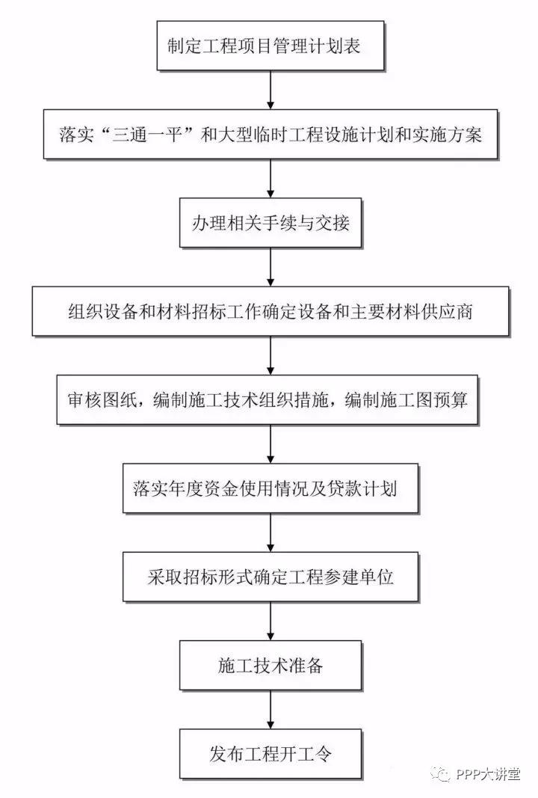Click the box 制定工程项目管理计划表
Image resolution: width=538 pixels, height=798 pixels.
(270, 46)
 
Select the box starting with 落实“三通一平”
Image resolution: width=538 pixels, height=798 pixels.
(270, 135)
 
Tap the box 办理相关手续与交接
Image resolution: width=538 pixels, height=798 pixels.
(270, 223)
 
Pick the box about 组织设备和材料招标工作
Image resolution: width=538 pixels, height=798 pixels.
(270, 311)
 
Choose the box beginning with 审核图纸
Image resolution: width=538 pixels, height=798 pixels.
(267, 399)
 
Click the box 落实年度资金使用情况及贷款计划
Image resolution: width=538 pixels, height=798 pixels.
(270, 488)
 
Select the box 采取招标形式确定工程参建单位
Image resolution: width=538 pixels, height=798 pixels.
(270, 577)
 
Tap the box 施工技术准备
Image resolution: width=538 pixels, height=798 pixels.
(270, 665)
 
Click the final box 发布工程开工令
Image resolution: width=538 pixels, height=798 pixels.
(270, 754)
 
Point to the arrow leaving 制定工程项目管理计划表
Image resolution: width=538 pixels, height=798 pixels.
(270, 90)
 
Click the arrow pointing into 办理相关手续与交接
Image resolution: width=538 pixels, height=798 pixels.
(270, 178)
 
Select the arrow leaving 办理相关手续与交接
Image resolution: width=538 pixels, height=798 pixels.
(270, 267)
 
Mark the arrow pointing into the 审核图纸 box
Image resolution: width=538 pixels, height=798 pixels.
(270, 355)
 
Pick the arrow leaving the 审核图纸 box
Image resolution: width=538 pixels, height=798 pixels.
(270, 443)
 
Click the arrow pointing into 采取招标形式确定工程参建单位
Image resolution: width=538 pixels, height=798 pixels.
(270, 532)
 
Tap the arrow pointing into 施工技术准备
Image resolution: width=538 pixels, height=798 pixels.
(270, 621)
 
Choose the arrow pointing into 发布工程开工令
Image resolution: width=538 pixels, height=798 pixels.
(270, 710)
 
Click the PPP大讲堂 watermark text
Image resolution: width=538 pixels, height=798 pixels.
(488, 774)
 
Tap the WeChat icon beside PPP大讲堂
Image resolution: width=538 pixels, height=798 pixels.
(440, 774)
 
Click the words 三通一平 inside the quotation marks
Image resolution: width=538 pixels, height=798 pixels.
(147, 135)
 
